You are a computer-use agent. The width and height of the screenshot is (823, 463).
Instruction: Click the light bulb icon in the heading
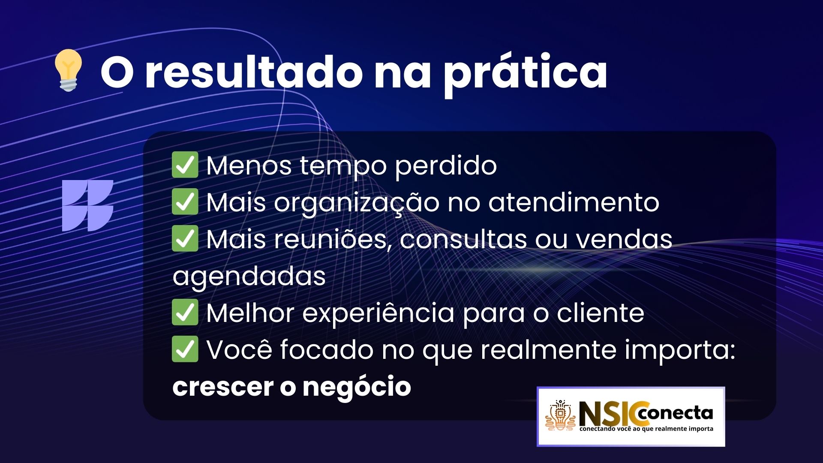tap(68, 70)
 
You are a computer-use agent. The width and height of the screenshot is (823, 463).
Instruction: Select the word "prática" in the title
tap(525, 73)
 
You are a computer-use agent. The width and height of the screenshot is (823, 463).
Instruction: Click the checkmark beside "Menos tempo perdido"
tap(185, 165)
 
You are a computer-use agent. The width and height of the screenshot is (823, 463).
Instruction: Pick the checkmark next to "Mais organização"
tap(185, 201)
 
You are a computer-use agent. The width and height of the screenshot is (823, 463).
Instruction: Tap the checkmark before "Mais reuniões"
tap(185, 238)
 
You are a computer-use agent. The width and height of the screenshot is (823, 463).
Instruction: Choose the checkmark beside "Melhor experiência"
tap(185, 312)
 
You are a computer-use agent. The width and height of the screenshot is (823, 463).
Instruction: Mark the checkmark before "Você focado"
tap(185, 349)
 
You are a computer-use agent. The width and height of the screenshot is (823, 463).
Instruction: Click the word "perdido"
tap(445, 166)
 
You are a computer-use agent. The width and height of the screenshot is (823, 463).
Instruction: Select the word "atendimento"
tap(574, 202)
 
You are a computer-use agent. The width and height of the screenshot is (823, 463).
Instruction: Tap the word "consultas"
tap(463, 239)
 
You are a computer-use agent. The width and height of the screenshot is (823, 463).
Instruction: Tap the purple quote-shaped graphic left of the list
tap(87, 206)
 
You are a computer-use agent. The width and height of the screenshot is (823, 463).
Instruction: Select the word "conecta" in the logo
tap(675, 413)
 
